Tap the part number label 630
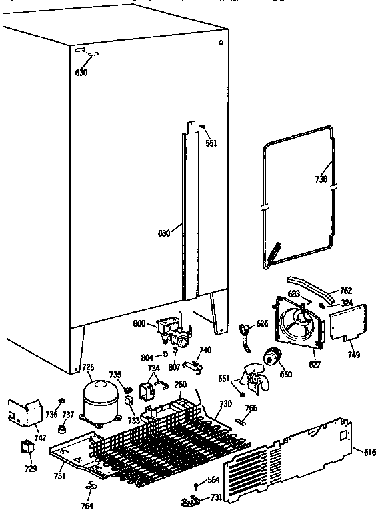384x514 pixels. pos(81,72)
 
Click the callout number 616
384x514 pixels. pos(369,453)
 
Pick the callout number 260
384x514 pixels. pos(180,384)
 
